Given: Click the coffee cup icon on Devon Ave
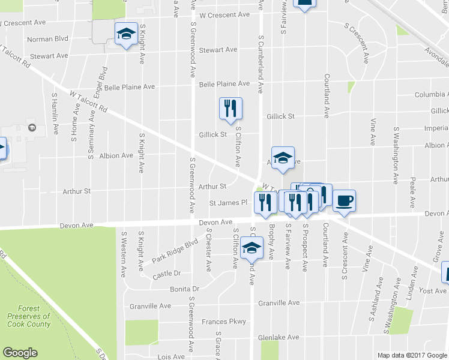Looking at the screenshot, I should coord(344,200).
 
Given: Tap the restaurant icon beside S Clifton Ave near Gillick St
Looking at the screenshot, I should coord(231,108).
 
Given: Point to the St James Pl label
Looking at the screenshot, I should coord(228,203).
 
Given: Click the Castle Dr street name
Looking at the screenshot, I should coord(166,273).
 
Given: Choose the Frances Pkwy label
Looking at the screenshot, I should coord(224,322).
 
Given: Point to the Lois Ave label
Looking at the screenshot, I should coord(171,356).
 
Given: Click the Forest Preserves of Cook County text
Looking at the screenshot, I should coord(29,316).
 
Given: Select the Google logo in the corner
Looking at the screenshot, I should coord(20,353).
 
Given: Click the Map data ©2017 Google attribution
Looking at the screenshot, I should coord(412,355).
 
